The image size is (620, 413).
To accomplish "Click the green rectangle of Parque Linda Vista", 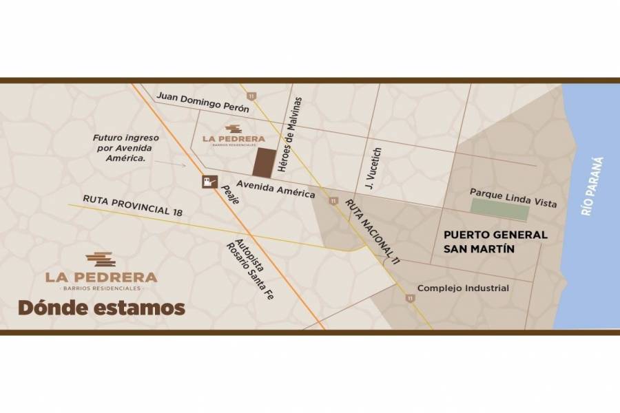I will coord(500,211).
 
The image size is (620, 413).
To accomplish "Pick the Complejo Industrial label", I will coord(463,288).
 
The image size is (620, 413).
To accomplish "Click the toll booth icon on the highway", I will coord(209,182).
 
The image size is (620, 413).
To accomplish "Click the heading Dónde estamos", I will coord(101,307).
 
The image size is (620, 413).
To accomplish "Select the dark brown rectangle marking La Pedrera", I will coord(263,162).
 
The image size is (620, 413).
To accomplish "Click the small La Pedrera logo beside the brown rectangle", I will coord(234,136).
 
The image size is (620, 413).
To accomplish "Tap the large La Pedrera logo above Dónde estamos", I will coord(101,271).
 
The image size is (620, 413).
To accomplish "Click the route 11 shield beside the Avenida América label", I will coord(333,201).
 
